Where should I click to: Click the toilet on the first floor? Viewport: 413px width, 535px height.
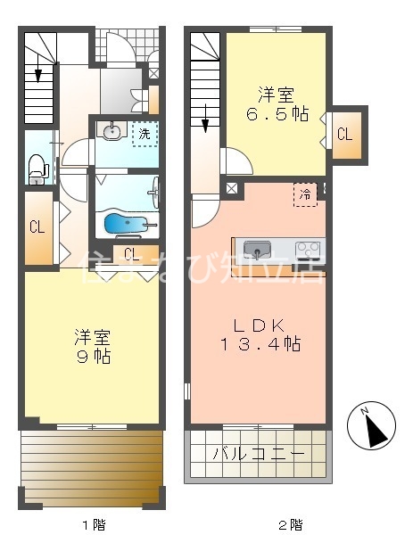[x=37, y=166]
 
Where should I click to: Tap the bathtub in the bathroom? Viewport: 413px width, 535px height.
[x=125, y=223]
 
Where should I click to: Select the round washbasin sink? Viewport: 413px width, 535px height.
[x=111, y=134]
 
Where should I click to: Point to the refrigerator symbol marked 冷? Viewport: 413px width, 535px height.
[x=305, y=194]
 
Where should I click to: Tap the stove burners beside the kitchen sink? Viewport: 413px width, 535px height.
[x=309, y=249]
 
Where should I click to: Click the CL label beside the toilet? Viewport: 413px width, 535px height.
[x=37, y=227]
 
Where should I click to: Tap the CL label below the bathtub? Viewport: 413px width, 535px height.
[x=131, y=252]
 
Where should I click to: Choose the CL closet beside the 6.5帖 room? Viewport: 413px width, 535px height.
[x=345, y=135]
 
